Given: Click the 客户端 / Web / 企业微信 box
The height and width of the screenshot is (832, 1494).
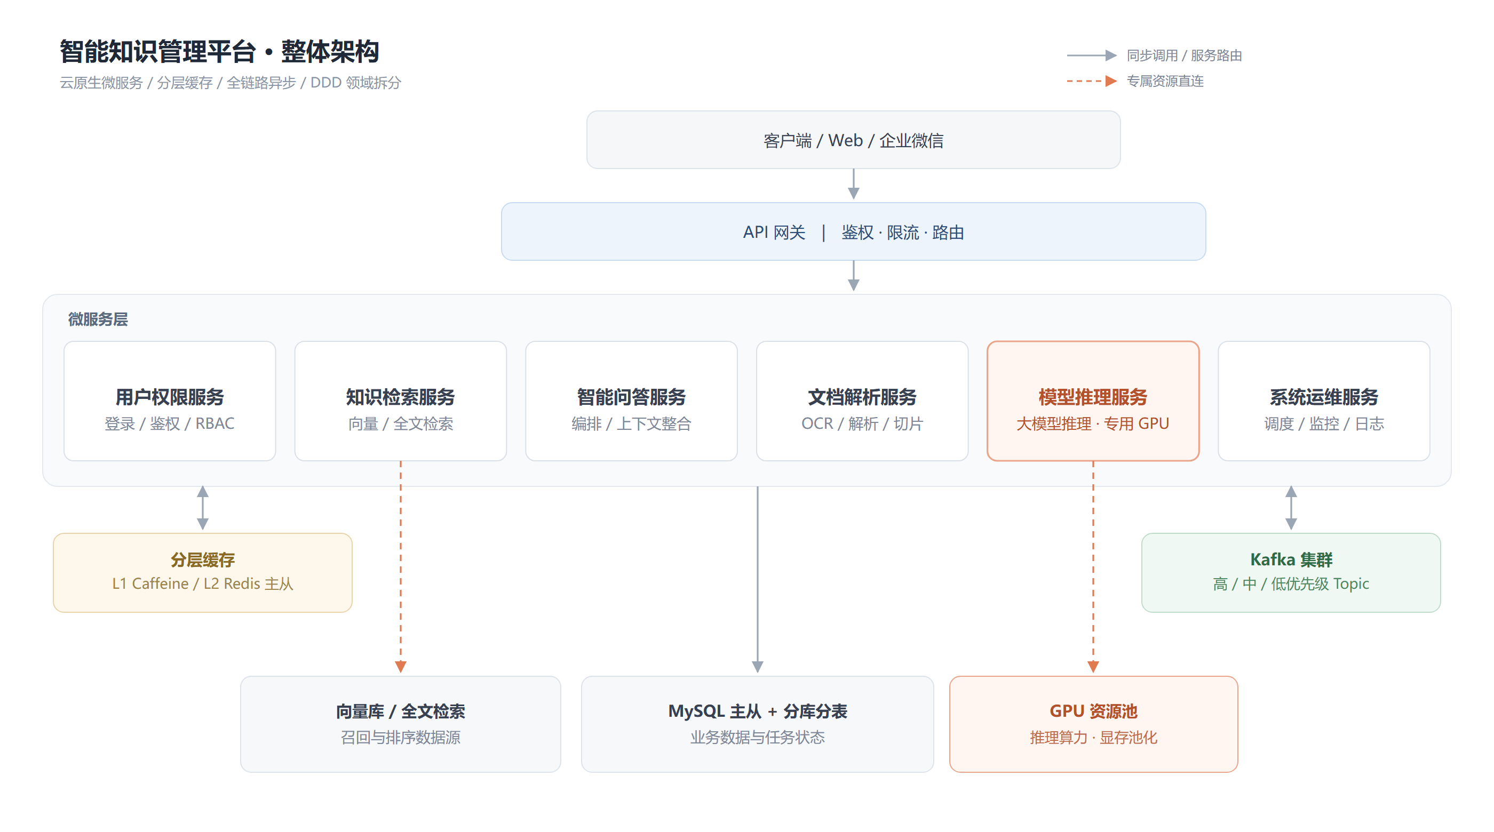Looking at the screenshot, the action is tap(853, 140).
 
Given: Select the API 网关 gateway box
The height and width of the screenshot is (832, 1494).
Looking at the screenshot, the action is tap(853, 231).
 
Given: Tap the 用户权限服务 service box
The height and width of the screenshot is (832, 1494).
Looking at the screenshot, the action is tap(169, 401).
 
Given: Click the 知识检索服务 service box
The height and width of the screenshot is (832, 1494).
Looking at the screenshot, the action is tap(400, 401).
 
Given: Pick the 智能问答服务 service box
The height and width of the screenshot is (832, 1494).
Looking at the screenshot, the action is tap(631, 401).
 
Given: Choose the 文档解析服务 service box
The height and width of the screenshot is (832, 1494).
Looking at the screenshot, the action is tap(862, 401).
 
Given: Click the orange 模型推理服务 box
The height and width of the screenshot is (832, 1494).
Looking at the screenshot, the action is tap(1093, 401).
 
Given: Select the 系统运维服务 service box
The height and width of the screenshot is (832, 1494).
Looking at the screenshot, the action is tap(1323, 401).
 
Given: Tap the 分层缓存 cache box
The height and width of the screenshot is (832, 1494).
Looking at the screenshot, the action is tap(202, 572).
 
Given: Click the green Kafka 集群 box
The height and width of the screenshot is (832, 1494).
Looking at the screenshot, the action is tap(1291, 572).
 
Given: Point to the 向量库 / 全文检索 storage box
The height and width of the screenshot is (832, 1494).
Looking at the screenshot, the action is tap(400, 724).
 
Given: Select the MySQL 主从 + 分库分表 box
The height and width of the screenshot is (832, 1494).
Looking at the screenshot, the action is tap(758, 724).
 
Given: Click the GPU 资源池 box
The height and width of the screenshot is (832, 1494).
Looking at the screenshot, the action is tap(1093, 724).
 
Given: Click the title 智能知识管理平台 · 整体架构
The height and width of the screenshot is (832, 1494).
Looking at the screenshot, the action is tap(219, 51).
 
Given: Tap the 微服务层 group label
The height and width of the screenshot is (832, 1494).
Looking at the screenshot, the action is tap(98, 319).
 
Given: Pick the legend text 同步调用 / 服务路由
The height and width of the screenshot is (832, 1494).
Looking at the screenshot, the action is tap(1183, 55).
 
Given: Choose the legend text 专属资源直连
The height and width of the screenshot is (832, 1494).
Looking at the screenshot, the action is tap(1165, 81).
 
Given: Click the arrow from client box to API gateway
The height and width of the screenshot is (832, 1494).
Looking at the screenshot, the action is tap(853, 185).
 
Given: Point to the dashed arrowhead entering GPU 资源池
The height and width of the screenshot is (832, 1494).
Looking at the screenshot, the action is tap(1093, 667).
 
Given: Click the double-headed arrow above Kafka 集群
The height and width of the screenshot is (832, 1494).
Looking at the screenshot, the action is tap(1291, 508).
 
